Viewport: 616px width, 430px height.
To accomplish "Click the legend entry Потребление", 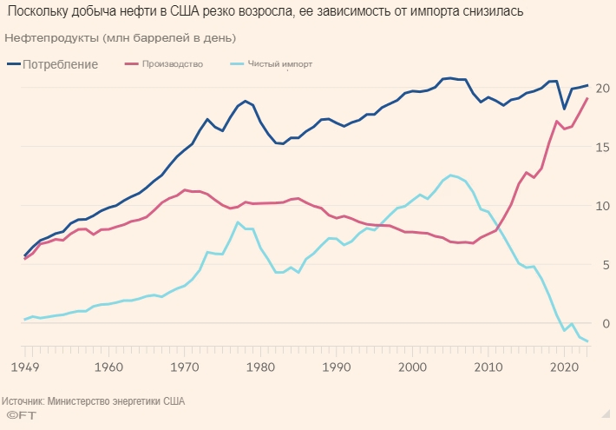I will (x=60, y=64).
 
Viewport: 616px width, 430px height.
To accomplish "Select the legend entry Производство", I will (x=172, y=64).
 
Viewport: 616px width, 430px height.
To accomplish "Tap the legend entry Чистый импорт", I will (x=280, y=64).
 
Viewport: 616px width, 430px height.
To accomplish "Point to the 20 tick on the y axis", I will (x=603, y=89).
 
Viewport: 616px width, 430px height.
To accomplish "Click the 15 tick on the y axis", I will (x=603, y=148).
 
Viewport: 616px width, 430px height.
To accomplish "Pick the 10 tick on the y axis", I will (x=603, y=206).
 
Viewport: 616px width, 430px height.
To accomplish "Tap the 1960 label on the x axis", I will (x=107, y=367).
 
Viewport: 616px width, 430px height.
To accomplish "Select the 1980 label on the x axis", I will (x=259, y=367).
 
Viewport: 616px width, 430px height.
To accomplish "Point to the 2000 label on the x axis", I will (x=410, y=367).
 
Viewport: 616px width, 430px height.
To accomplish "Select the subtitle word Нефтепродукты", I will (x=49, y=39).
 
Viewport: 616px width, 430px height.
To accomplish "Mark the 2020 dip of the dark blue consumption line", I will (x=564, y=109).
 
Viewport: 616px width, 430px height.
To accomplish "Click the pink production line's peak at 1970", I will (x=183, y=189).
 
